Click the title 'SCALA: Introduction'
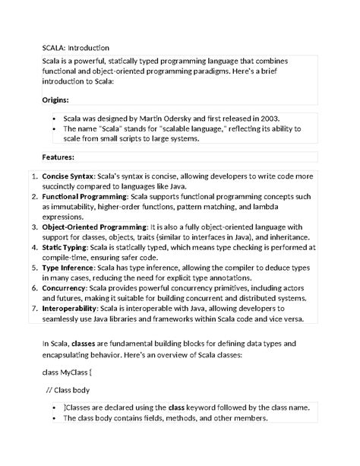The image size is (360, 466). pyautogui.click(x=76, y=47)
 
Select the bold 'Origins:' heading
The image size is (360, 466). pyautogui.click(x=55, y=100)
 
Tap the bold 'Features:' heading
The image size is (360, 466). pyautogui.click(x=58, y=157)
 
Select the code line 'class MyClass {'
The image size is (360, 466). pyautogui.click(x=67, y=372)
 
